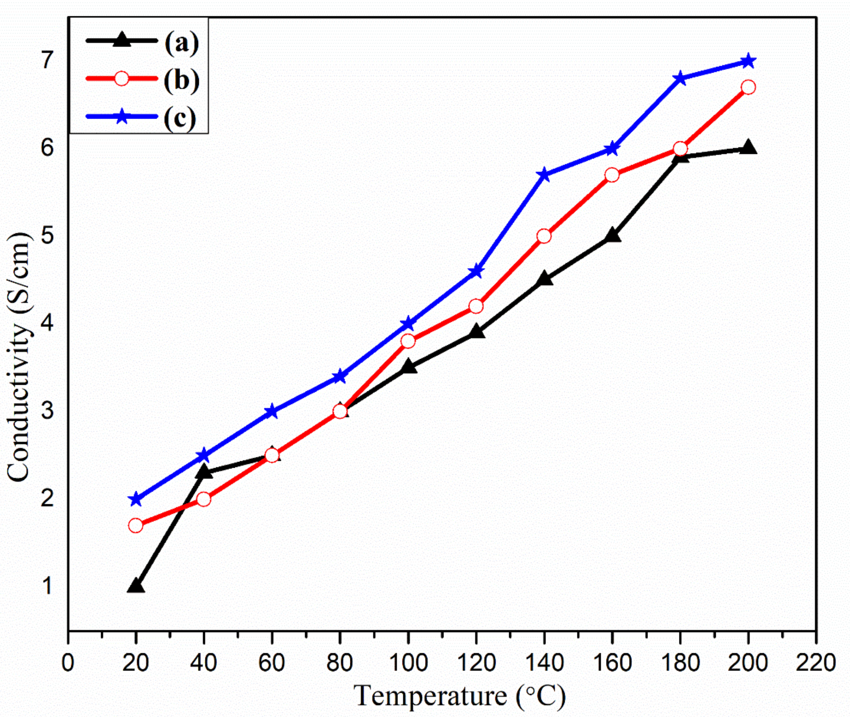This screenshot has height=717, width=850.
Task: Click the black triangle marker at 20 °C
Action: coord(136,586)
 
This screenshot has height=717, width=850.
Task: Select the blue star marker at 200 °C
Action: coord(748,62)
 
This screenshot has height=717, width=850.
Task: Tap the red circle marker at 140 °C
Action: coord(544,236)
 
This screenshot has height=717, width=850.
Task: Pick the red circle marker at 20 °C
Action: coord(136,525)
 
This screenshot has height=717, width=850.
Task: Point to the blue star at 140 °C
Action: coord(544,175)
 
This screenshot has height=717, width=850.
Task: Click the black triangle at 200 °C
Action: coord(748,148)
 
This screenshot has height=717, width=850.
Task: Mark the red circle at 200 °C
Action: coord(748,87)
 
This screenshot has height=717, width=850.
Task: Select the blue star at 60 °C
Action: coord(272,412)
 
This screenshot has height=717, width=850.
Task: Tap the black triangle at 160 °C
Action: coord(612,236)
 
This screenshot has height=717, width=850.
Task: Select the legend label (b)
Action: coord(182,80)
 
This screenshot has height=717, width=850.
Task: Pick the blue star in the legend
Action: coord(121,116)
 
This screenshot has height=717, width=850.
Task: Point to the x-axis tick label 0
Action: coord(68,663)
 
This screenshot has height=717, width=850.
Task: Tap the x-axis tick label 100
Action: coord(408,663)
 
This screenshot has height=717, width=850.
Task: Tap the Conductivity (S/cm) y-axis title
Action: coord(19,358)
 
